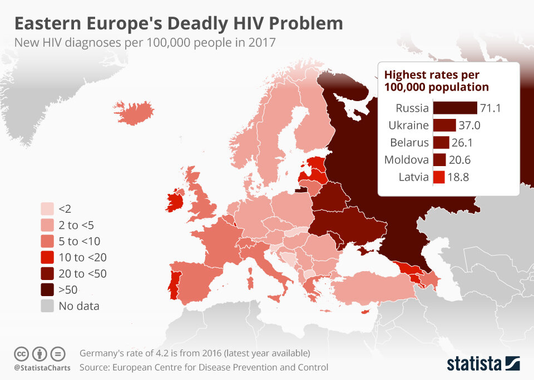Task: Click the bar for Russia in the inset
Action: point(454,108)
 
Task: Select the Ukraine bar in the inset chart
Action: point(444,125)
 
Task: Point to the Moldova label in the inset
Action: point(407,160)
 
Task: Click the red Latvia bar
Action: point(438,177)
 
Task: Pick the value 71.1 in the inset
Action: point(490,108)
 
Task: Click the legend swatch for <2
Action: point(48,209)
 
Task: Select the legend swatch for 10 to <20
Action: point(48,257)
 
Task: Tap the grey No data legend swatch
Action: point(48,306)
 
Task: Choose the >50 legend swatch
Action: point(48,289)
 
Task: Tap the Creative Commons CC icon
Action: point(22,353)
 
